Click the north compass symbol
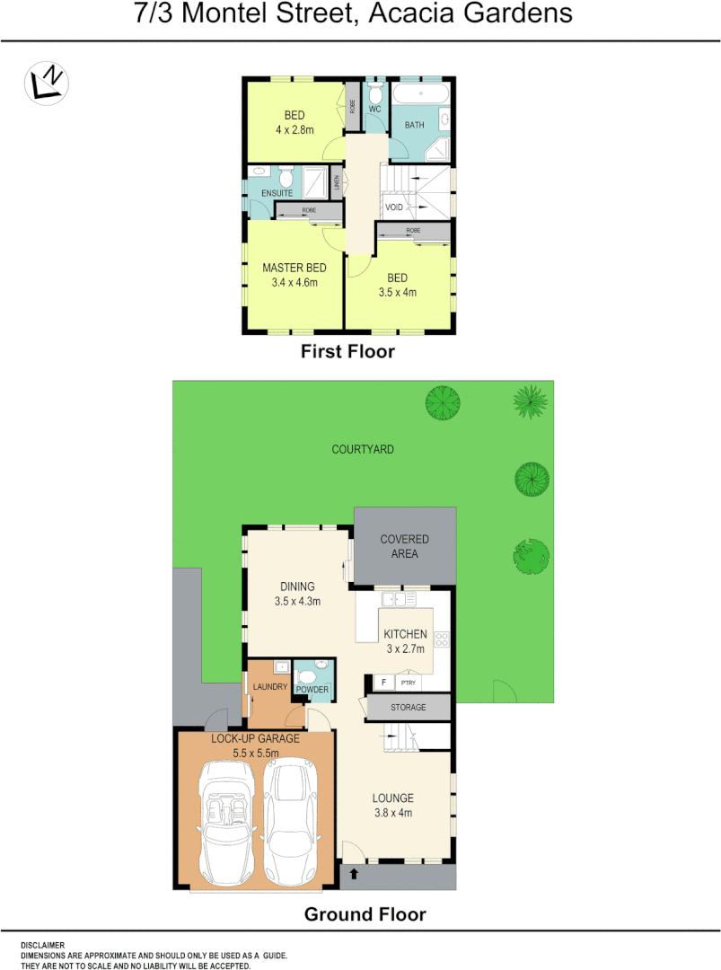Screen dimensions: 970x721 (x=47, y=83)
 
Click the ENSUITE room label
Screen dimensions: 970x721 (x=277, y=193)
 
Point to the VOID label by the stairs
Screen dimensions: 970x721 (x=394, y=207)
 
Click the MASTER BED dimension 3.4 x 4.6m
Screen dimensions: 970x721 (x=294, y=282)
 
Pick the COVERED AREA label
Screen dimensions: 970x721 (x=404, y=546)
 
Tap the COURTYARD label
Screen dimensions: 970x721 (x=363, y=449)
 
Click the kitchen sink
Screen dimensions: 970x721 (x=395, y=599)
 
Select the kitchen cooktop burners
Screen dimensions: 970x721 (x=442, y=639)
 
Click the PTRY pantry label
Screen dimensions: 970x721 (x=409, y=683)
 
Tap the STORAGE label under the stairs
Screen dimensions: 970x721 (x=409, y=708)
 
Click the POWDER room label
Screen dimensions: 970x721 (x=312, y=690)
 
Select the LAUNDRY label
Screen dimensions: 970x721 (x=269, y=687)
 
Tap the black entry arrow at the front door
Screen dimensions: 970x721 (x=354, y=872)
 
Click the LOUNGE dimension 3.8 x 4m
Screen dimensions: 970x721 (x=393, y=813)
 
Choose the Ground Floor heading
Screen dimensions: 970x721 (x=365, y=914)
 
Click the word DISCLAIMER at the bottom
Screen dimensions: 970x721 (x=43, y=945)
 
